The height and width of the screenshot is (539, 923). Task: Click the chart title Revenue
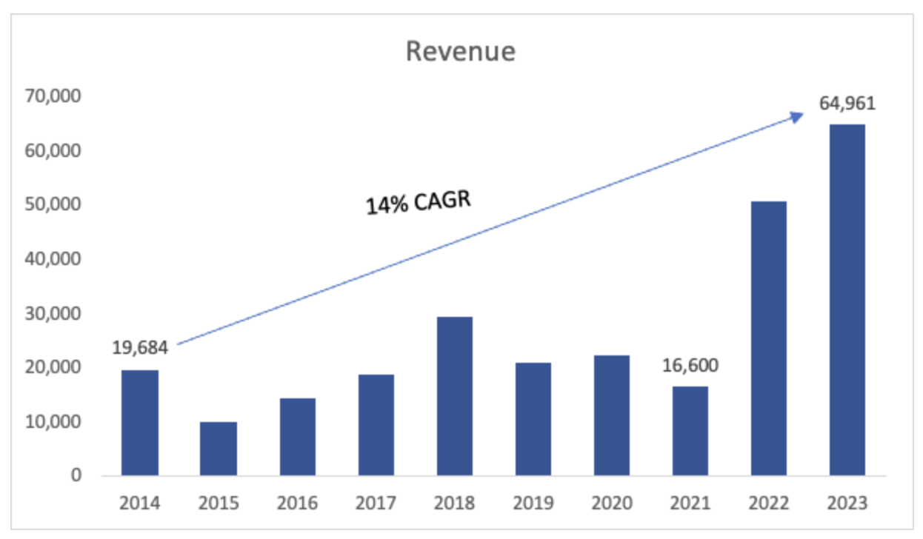460,52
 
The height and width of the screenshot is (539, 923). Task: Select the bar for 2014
140,423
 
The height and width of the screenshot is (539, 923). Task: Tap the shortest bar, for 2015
219,449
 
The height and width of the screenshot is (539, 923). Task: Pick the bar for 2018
454,396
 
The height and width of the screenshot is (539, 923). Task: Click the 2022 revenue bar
768,338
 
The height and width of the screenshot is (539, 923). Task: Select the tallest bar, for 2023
847,300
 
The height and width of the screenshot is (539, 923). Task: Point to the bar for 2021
690,431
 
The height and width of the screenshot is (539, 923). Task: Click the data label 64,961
847,103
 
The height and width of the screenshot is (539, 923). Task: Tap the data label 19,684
140,347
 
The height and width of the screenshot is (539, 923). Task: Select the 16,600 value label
690,365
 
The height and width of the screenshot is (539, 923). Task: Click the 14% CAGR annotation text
419,201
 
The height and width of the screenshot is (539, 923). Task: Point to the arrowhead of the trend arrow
798,115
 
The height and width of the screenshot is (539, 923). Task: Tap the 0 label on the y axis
76,476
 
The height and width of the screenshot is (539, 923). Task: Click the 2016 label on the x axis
297,504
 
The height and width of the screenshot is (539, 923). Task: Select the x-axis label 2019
533,504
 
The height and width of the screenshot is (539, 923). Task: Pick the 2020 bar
611,415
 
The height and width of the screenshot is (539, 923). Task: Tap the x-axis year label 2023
847,504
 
